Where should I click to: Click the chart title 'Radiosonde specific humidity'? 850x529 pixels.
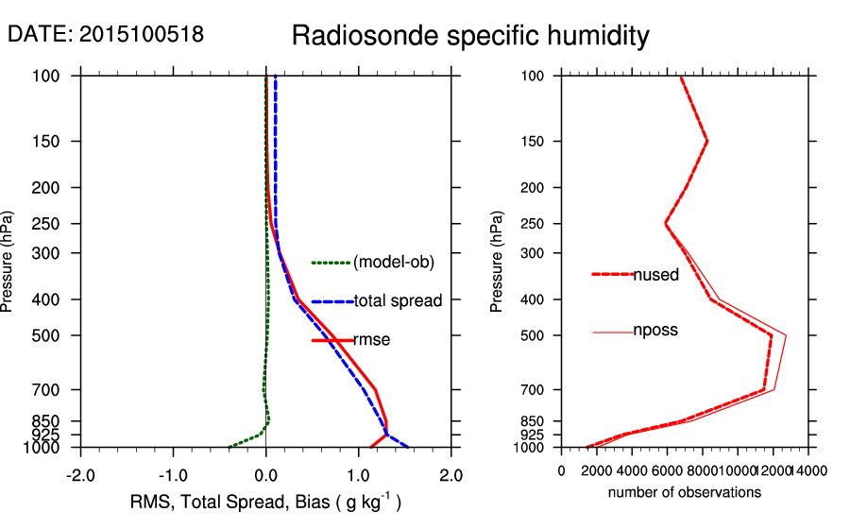point(470,36)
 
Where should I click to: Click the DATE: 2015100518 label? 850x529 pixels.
point(106,34)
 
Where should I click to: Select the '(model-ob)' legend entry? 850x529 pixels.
point(394,263)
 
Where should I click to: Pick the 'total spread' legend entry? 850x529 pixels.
point(398,301)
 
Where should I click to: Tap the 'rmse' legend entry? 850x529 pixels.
point(371,339)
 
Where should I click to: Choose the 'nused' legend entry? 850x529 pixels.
point(655,275)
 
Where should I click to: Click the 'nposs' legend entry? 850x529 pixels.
point(655,331)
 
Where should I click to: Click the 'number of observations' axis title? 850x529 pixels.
point(685,492)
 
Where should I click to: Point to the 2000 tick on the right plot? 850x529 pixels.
point(597,469)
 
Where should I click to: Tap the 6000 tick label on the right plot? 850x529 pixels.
point(668,469)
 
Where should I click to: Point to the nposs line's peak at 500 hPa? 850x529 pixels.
point(786,335)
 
